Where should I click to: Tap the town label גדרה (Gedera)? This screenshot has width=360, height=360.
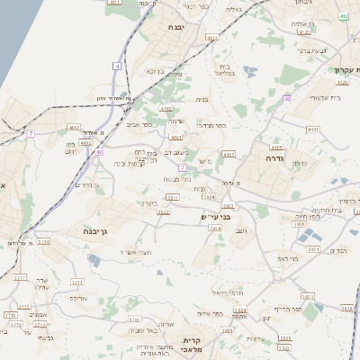pos(275,157)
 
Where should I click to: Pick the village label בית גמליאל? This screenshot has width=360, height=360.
pos(225,71)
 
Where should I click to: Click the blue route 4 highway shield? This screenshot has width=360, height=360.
pos(117,66)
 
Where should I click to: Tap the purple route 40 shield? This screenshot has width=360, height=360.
pos(287,98)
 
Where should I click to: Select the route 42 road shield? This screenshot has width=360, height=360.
pos(99,152)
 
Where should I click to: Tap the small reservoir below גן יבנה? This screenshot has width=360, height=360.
pos(94,261)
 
